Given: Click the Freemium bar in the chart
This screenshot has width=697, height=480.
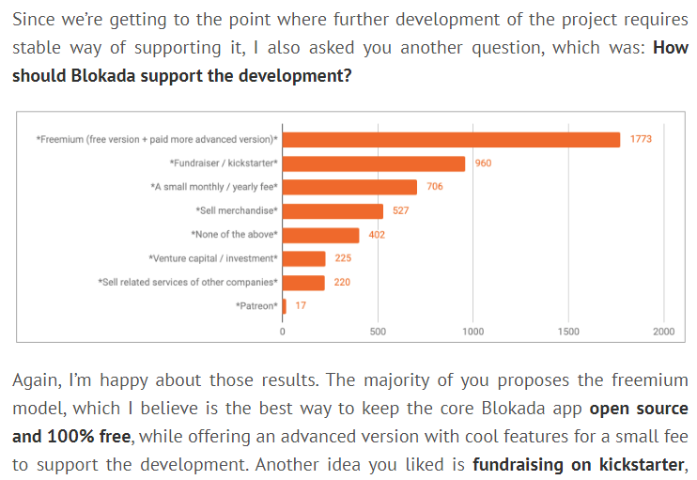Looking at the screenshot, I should (451, 139).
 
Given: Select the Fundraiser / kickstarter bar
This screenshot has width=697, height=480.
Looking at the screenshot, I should (374, 163).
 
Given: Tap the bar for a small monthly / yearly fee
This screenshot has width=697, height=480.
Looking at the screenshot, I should (349, 187).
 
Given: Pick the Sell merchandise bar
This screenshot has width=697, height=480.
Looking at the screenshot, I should (333, 211).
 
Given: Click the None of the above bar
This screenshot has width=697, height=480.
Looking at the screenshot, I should (320, 235).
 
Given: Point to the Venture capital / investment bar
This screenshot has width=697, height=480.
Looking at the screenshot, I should (303, 258).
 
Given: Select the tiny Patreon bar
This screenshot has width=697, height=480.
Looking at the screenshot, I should (285, 305).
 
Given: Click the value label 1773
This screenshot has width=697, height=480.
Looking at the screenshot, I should (641, 139).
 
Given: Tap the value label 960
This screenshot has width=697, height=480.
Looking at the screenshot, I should (483, 163).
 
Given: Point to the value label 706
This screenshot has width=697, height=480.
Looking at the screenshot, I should (434, 187).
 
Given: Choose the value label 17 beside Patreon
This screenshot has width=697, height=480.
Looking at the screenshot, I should (301, 305).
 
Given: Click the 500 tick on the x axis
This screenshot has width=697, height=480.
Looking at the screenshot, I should (378, 332).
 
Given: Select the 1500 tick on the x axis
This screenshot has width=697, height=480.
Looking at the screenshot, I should (567, 332).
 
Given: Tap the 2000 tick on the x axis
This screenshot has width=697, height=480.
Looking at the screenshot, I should (663, 332).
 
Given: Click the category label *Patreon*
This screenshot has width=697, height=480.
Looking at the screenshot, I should (256, 305).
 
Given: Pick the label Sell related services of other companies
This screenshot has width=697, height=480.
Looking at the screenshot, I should (188, 282).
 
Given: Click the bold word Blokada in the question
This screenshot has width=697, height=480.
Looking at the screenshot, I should (103, 75).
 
